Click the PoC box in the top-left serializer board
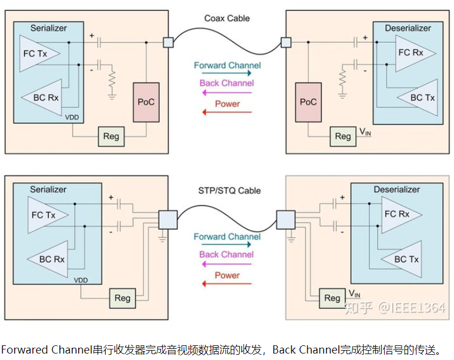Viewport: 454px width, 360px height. [146, 102]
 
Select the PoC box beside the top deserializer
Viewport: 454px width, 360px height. [308, 102]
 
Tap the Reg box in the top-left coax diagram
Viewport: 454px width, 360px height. [111, 136]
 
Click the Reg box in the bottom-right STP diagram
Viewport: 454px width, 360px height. [332, 298]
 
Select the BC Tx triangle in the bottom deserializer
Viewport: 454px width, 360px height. [406, 259]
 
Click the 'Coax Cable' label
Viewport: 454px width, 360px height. [227, 18]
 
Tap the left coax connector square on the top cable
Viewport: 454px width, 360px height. [168, 42]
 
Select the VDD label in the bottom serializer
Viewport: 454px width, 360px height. [81, 280]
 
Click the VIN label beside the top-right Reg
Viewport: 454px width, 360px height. [365, 133]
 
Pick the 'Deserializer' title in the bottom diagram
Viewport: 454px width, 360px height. [396, 190]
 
